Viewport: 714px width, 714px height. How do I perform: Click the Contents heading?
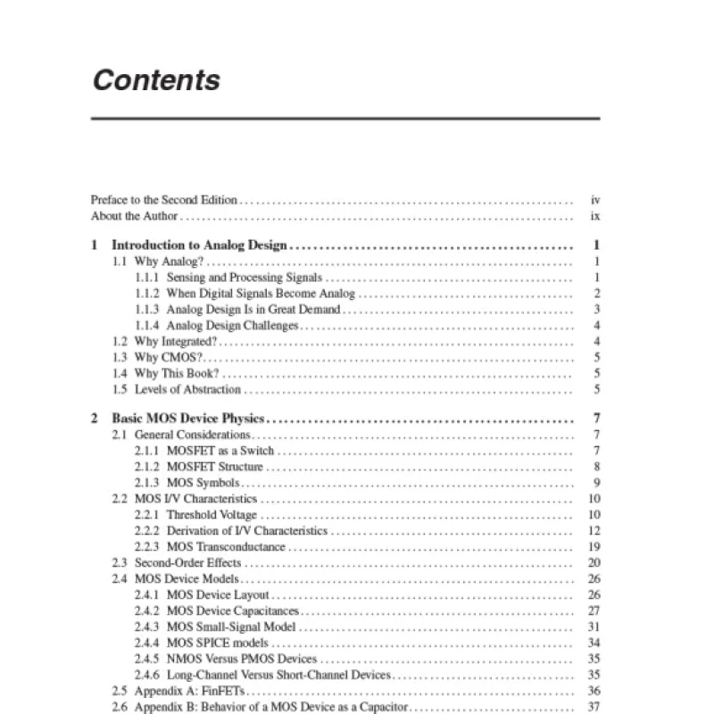point(156,80)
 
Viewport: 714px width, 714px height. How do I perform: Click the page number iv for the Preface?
point(595,201)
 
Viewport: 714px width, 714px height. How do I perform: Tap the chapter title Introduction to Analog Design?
point(199,245)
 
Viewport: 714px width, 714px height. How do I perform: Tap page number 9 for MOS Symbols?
point(595,483)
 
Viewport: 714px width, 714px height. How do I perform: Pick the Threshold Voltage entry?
point(212,515)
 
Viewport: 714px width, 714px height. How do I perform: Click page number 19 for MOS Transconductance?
point(594,547)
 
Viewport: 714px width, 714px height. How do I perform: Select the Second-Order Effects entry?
point(187,563)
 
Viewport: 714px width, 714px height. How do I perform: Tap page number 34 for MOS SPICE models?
point(594,643)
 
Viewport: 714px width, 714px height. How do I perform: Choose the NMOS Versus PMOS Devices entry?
point(241,660)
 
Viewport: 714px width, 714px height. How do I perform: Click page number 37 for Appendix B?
point(594,708)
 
